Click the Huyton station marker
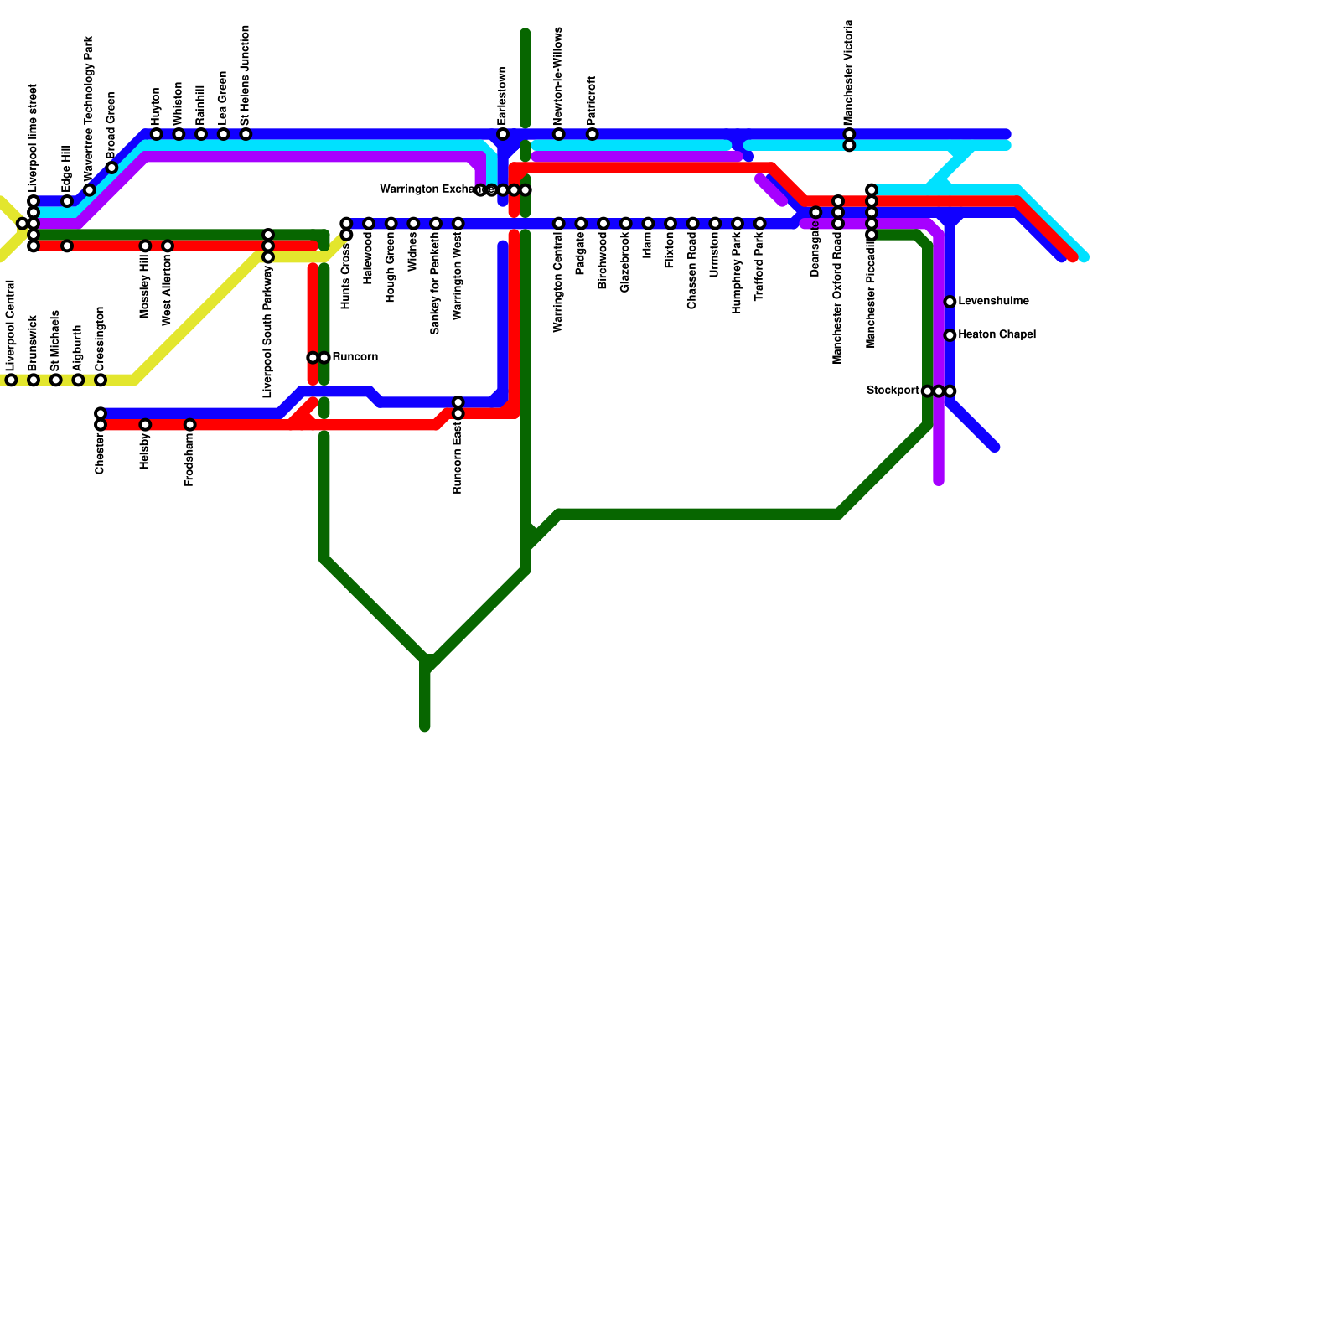(157, 134)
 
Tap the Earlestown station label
(502, 96)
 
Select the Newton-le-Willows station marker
(559, 134)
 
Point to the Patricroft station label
(592, 101)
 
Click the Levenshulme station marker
(950, 302)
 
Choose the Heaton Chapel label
(997, 335)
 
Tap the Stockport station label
(893, 391)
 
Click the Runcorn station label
(355, 357)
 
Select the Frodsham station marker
(190, 425)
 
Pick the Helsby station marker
(145, 425)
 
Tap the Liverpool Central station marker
(11, 381)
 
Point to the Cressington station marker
(101, 381)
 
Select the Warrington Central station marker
(559, 224)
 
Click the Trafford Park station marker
(759, 224)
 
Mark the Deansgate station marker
(815, 213)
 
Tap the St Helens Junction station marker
(246, 134)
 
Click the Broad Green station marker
(111, 168)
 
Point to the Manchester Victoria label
(849, 73)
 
